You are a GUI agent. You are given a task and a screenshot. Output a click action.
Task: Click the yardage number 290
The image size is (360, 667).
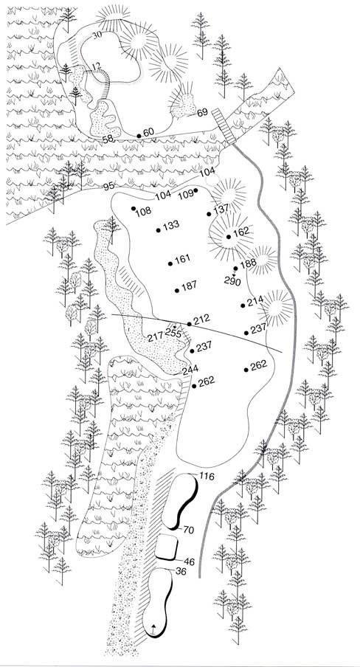click(x=233, y=281)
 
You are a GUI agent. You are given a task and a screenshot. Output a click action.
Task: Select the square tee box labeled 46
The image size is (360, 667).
click(x=166, y=547)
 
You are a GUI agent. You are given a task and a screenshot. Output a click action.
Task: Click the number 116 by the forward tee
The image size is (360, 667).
click(x=206, y=477)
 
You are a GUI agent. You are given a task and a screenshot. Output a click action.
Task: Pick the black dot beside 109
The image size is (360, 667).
click(x=195, y=190)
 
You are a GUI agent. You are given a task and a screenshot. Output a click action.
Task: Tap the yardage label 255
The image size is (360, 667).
click(x=173, y=333)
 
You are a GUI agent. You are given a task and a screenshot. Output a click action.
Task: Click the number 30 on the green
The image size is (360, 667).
click(x=97, y=35)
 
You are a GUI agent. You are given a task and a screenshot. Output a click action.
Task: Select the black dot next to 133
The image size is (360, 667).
click(x=159, y=230)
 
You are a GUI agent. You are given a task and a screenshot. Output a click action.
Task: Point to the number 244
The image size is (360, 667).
click(x=190, y=370)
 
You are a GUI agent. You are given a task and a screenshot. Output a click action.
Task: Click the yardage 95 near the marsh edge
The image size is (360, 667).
click(x=108, y=187)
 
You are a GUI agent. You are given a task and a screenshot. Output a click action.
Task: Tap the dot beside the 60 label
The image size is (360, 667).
click(x=139, y=136)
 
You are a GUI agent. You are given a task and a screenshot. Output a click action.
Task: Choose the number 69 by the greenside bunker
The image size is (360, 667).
click(x=203, y=112)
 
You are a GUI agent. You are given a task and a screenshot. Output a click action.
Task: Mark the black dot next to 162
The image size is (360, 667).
click(x=229, y=237)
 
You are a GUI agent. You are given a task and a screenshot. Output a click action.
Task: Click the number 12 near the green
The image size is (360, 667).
click(x=96, y=66)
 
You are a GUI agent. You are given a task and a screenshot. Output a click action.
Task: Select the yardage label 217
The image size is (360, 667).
click(x=156, y=338)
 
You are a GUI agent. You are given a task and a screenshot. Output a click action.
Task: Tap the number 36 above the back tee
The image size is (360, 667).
click(x=181, y=572)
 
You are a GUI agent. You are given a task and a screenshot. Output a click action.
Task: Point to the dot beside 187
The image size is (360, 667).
click(x=176, y=291)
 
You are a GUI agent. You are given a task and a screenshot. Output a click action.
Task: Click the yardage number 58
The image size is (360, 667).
click(x=108, y=139)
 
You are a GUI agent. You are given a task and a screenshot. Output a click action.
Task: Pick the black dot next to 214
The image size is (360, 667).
click(x=243, y=305)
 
